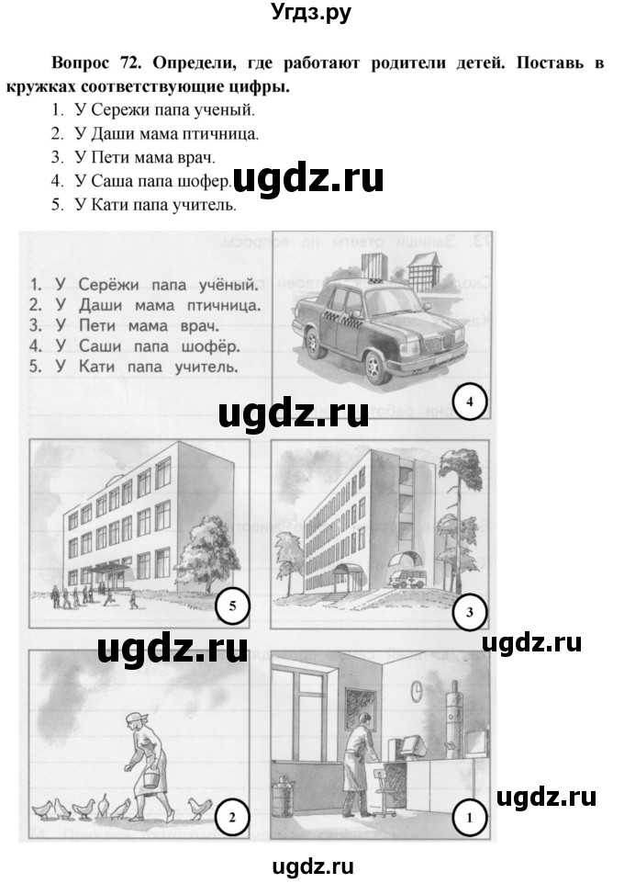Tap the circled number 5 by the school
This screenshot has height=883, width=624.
click(x=232, y=606)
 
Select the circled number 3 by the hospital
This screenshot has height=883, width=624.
click(x=468, y=613)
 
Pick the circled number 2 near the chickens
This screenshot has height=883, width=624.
click(x=231, y=814)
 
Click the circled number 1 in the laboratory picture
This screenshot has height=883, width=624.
click(x=469, y=814)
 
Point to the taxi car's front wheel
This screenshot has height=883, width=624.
click(x=374, y=368)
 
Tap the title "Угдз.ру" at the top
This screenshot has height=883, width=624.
click(x=311, y=13)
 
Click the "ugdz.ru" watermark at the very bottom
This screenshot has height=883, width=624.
click(x=311, y=866)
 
